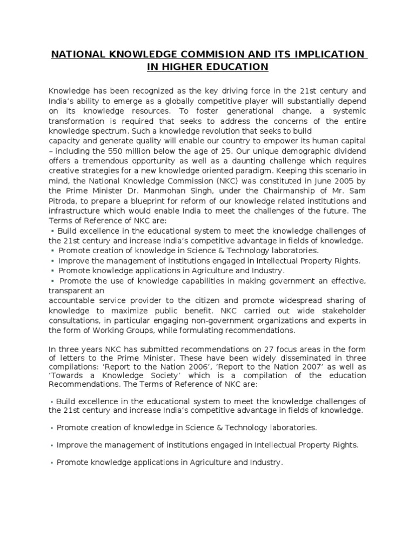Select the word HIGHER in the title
pyautogui.click(x=185, y=67)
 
